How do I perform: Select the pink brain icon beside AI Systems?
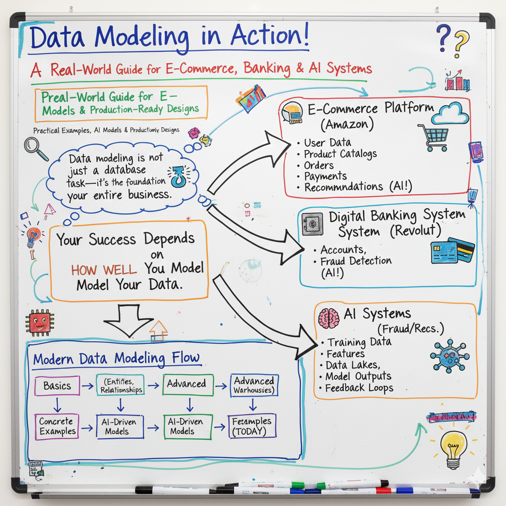329,318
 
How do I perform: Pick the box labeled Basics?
57,385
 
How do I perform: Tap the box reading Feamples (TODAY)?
252,426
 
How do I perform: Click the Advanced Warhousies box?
254,385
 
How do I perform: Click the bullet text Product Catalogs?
340,154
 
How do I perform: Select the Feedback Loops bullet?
359,388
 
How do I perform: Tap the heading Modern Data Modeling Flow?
117,358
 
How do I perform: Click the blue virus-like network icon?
449,355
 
